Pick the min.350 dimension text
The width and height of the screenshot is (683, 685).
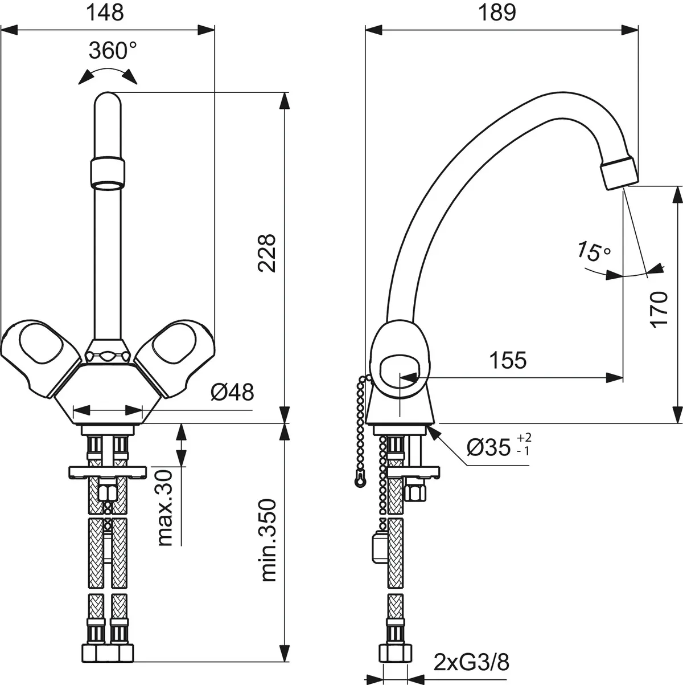pyautogui.click(x=267, y=540)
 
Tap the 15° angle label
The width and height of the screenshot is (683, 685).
pyautogui.click(x=593, y=251)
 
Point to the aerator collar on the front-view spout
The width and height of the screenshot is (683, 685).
pyautogui.click(x=107, y=174)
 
